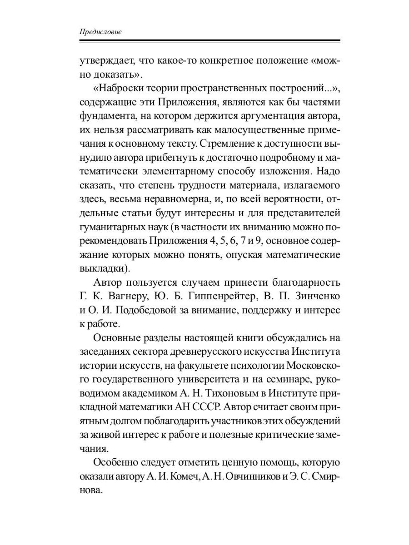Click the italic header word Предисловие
point(100,32)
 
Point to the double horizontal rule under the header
point(209,41)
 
